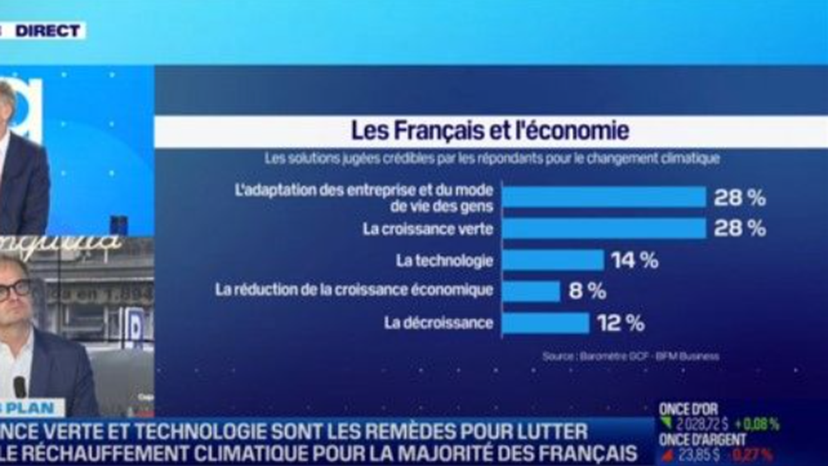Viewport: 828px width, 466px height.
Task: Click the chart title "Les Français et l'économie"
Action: click(x=491, y=131)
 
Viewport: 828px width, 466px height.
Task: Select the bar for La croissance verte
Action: click(x=604, y=229)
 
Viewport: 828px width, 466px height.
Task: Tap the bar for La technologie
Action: click(x=553, y=260)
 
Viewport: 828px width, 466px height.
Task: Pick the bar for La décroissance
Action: click(x=545, y=322)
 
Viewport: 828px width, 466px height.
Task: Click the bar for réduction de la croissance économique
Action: click(x=531, y=291)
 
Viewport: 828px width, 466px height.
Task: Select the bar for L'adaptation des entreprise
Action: click(x=604, y=197)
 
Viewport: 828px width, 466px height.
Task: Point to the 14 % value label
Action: click(x=634, y=261)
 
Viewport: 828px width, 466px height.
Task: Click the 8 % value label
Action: click(x=587, y=291)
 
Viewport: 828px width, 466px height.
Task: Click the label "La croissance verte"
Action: click(x=428, y=229)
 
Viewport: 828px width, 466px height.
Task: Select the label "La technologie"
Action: click(x=444, y=261)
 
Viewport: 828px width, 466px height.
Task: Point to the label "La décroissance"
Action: click(x=439, y=322)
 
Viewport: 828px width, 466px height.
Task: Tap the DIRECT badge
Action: click(x=48, y=30)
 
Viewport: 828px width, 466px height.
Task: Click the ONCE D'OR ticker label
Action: click(x=689, y=409)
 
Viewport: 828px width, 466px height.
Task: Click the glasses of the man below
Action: click(x=14, y=290)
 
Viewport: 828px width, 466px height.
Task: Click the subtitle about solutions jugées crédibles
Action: click(x=493, y=158)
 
